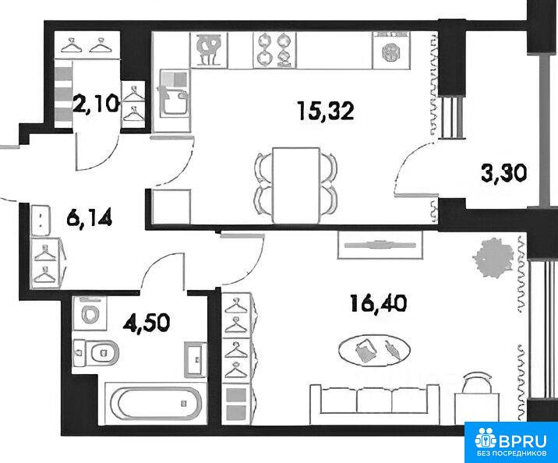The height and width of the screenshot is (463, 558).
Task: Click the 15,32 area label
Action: pos(327,111)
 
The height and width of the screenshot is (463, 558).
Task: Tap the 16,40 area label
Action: pos(378,303)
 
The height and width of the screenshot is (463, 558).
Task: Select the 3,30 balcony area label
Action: pos(503,174)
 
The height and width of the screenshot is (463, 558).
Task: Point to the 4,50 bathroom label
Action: pos(147,323)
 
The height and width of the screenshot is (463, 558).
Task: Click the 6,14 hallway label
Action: pos(90,217)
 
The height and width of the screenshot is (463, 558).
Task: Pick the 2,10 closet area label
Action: pos(95,104)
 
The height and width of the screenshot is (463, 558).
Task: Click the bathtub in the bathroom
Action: pos(156,403)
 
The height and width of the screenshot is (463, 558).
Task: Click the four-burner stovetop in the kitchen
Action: pos(274,49)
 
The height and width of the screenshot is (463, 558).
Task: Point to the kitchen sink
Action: pos(173,94)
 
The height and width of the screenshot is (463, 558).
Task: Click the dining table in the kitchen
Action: pos(295,186)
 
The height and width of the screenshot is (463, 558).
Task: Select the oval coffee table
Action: pos(374,351)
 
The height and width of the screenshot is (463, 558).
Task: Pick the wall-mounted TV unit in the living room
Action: pos(380,245)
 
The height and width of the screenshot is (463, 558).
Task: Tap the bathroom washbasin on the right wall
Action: pos(195,359)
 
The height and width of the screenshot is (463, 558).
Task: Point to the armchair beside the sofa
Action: pos(478,396)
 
